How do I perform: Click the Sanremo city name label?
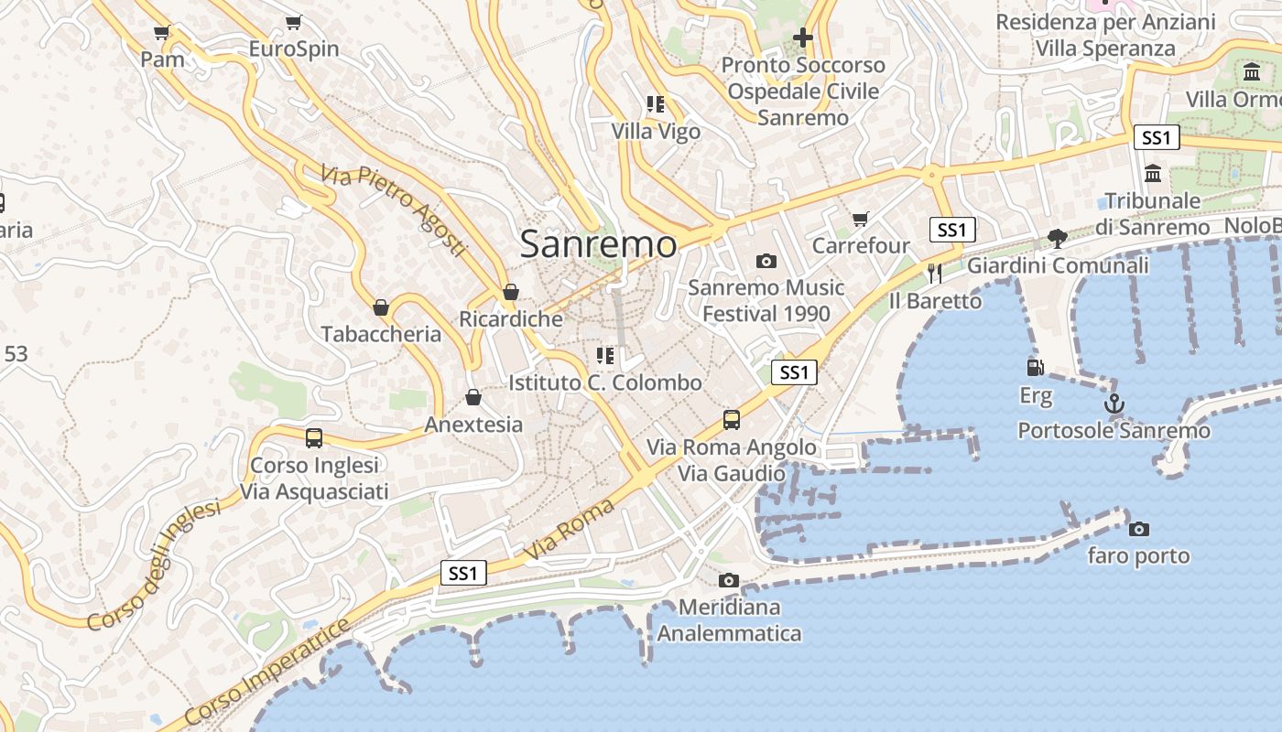click(x=599, y=244)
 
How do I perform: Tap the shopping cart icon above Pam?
click(x=162, y=33)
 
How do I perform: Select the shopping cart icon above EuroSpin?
click(x=293, y=22)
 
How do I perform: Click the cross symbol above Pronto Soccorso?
click(x=803, y=38)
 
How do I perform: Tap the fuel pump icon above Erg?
click(x=1036, y=368)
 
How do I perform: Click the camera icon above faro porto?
click(x=1139, y=529)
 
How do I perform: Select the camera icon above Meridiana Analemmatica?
click(x=729, y=580)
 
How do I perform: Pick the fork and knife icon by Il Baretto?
click(x=935, y=273)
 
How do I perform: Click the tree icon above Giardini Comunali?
click(x=1058, y=239)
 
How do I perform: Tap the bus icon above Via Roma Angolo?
click(x=731, y=420)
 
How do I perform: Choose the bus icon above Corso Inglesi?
click(x=314, y=438)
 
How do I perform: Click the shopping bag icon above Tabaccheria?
click(x=381, y=307)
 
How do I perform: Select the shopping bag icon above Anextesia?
click(x=473, y=397)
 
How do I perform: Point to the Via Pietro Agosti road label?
click(x=394, y=210)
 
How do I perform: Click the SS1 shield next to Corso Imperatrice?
click(x=463, y=574)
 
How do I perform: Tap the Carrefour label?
click(x=861, y=245)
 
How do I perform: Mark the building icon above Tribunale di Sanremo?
click(x=1153, y=173)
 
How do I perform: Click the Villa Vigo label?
click(x=656, y=132)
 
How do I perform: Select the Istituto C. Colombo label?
click(x=605, y=382)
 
